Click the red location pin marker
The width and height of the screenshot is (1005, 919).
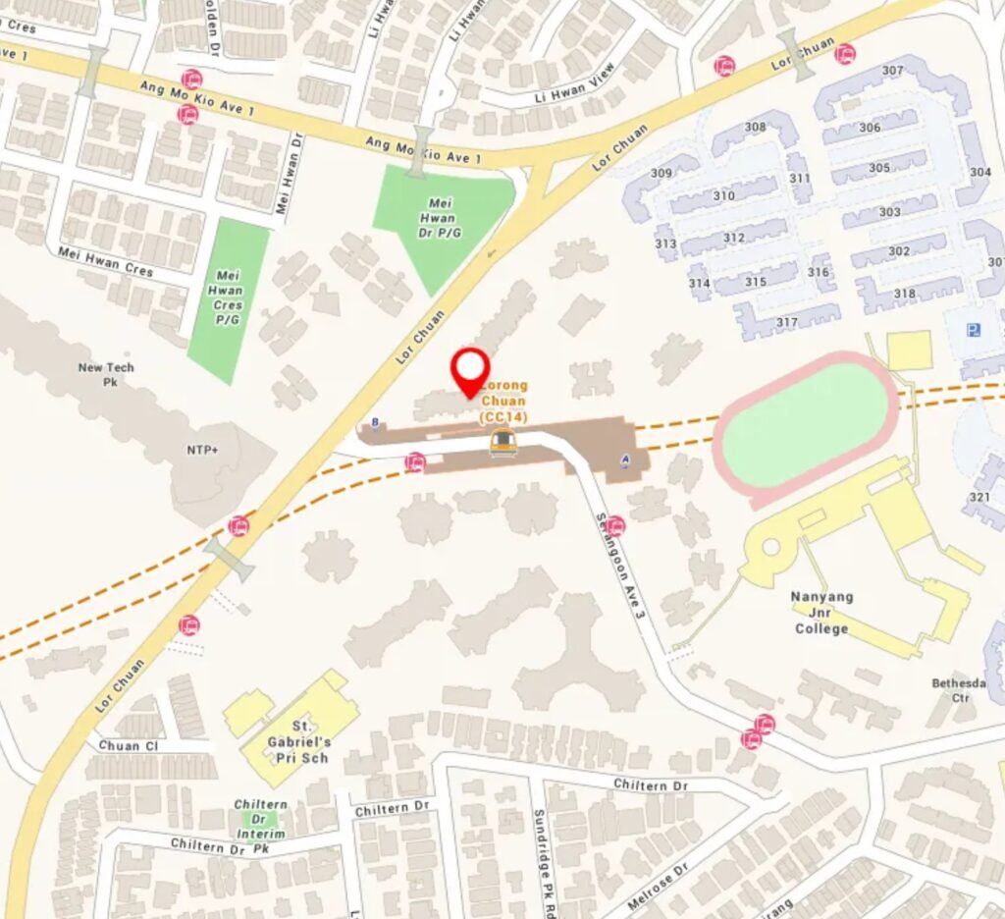(x=470, y=369)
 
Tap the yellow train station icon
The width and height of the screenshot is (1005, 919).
(x=502, y=443)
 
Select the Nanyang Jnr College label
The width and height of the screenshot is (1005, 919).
(x=822, y=613)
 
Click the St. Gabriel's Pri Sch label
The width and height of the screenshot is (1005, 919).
(x=298, y=733)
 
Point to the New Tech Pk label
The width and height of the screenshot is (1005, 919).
(x=107, y=374)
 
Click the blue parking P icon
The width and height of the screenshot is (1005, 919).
(x=973, y=330)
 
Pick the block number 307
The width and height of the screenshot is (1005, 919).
(x=892, y=71)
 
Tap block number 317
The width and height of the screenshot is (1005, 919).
(x=787, y=322)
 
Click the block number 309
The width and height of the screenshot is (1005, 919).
(x=661, y=173)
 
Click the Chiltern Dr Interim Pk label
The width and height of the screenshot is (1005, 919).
(x=261, y=819)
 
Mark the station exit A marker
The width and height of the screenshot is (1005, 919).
(x=626, y=459)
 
